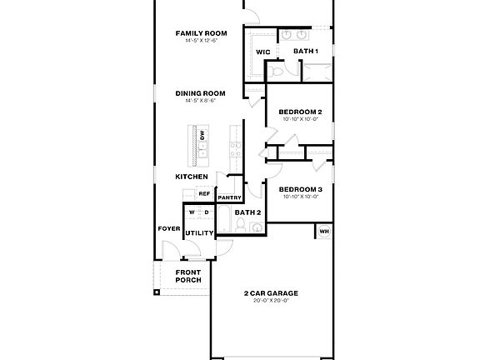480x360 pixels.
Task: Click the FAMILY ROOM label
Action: point(201,33)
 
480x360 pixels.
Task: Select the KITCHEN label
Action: point(191,177)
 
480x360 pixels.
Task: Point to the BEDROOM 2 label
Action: point(300,111)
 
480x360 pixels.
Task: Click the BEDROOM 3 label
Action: point(300,189)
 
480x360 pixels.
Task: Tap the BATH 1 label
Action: point(306,52)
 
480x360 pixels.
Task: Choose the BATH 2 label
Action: point(247,212)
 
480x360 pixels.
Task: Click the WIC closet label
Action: point(263,52)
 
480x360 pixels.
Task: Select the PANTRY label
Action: point(229,197)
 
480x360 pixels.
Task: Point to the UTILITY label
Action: point(199,232)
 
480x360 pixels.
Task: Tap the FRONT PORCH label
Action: point(188,277)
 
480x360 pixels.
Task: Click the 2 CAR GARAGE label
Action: point(271,293)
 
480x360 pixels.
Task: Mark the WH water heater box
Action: point(324,231)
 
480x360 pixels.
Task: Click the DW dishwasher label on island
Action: point(202,135)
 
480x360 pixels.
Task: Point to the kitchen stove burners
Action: point(235,149)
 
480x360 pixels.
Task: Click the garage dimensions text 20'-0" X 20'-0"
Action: point(271,301)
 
